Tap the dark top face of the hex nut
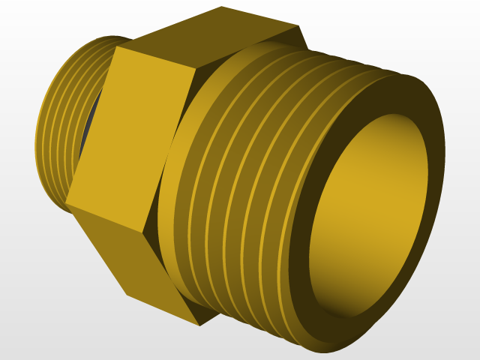pos(210,37)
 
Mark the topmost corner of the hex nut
pos(222,7)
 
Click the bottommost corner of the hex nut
pos(199,325)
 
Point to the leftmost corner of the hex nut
pos(65,202)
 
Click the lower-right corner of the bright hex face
pos(145,232)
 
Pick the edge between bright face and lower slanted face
pos(105,217)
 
